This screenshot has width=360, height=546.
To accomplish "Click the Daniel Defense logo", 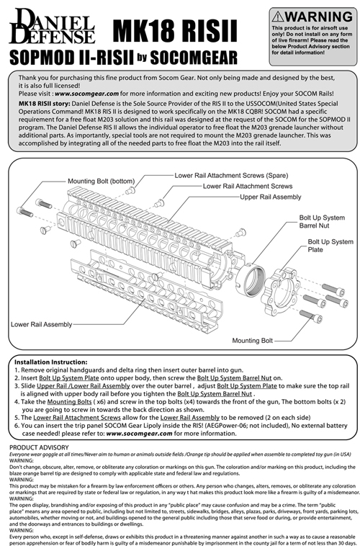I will tap(52, 28).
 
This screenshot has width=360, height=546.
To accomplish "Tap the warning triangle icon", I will tap(282, 16).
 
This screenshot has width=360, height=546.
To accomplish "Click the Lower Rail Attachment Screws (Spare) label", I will tap(226, 175).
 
